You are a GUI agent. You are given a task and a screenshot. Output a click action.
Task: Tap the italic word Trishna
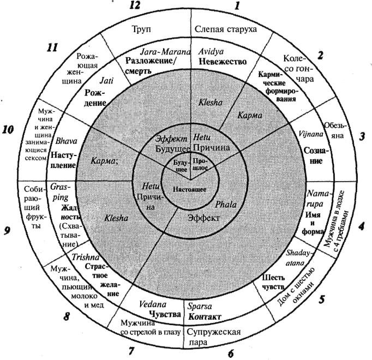(x=83, y=256)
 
